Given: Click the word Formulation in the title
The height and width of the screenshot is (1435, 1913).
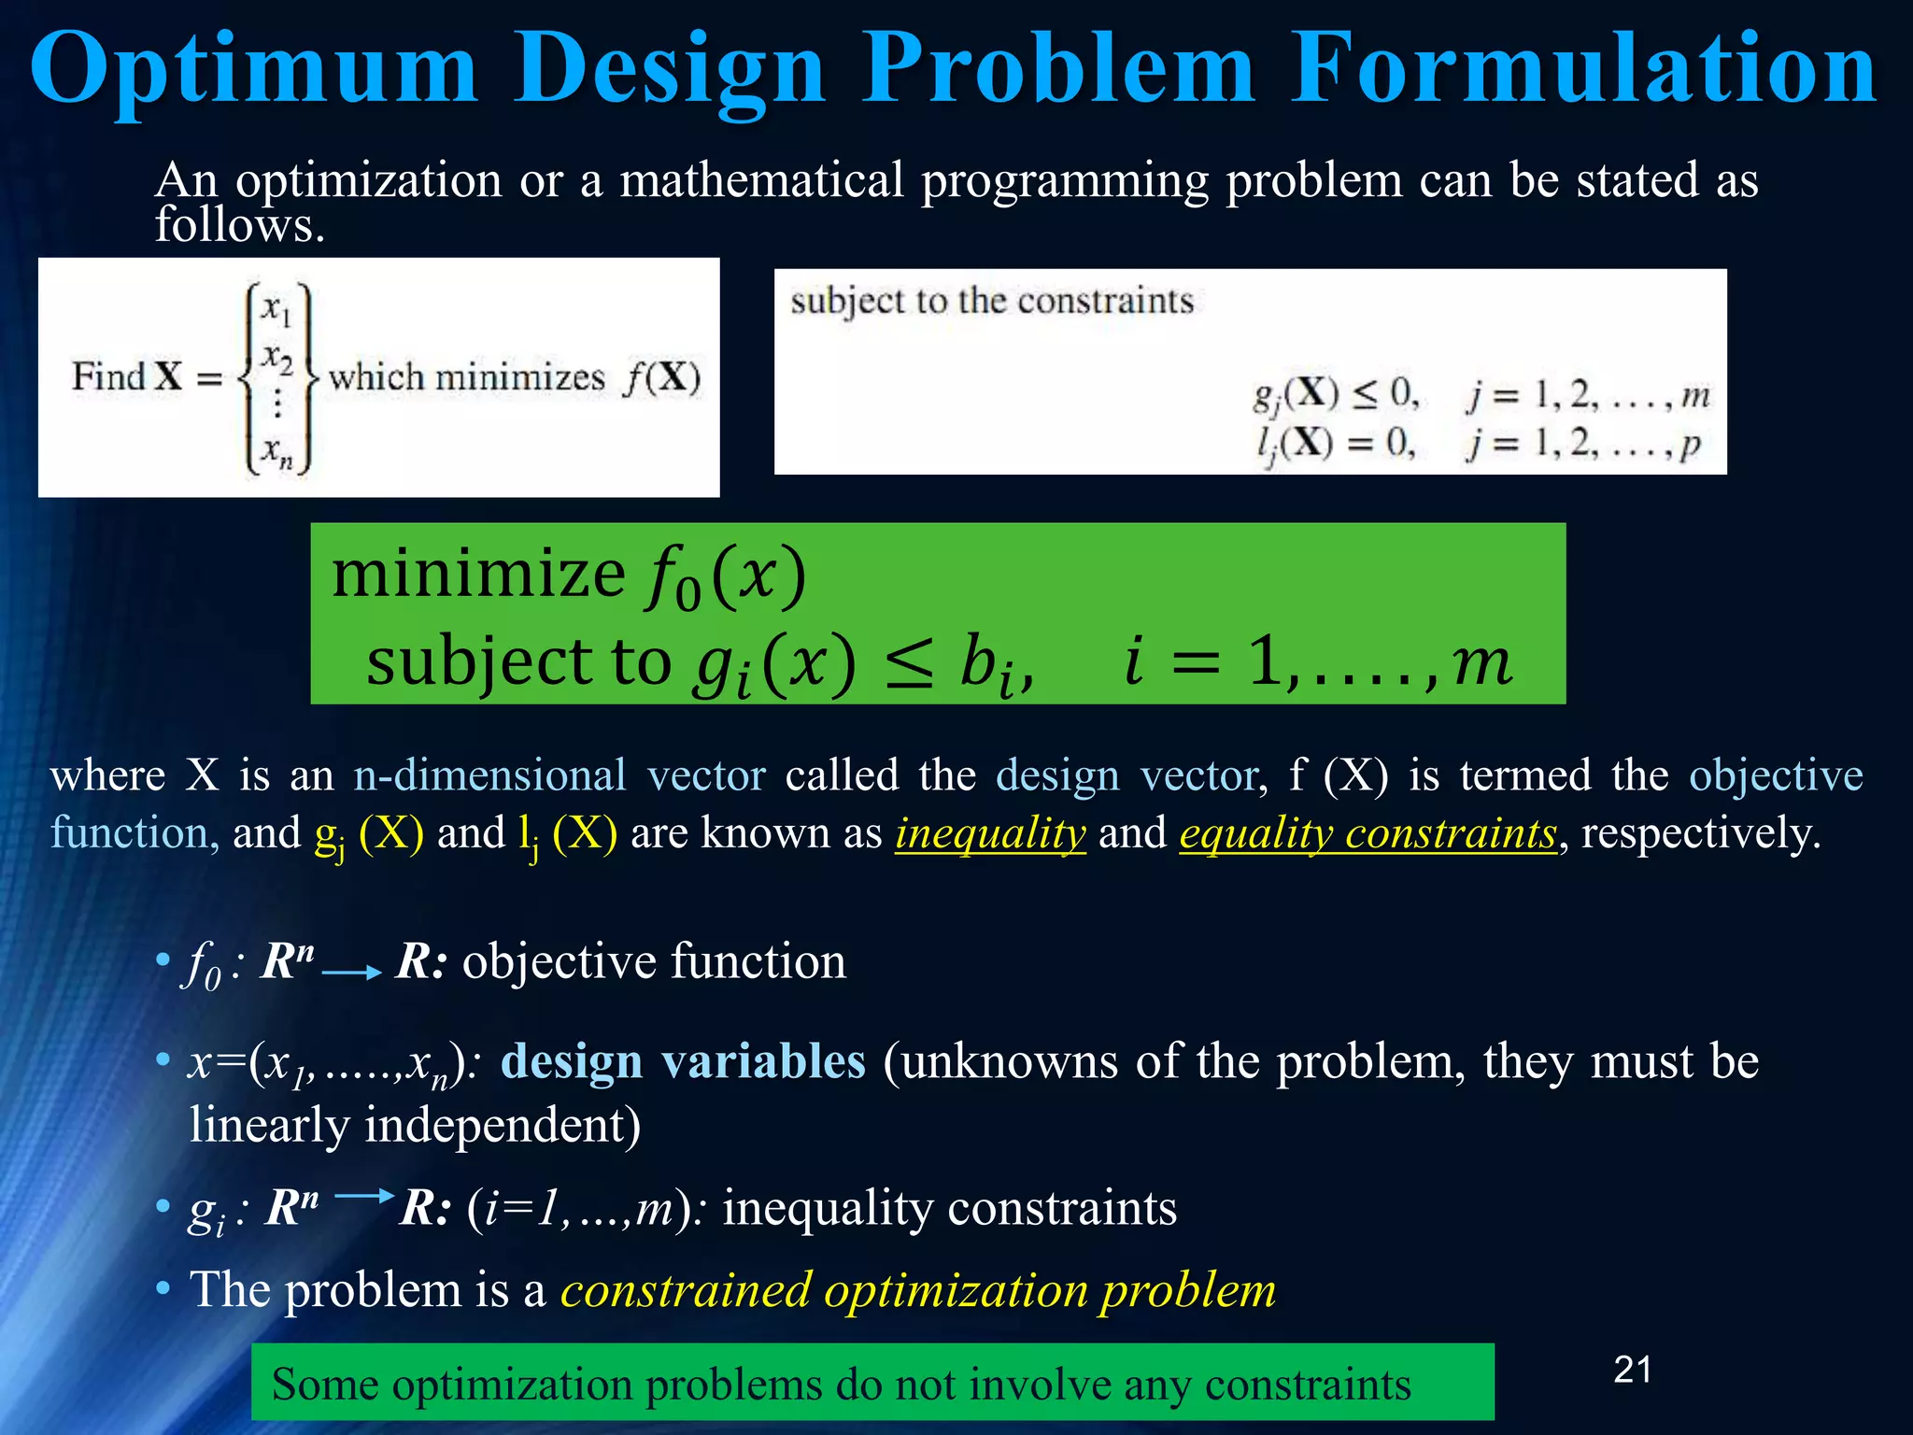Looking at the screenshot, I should (1584, 67).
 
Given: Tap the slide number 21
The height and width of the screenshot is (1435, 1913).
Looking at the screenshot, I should (1632, 1370).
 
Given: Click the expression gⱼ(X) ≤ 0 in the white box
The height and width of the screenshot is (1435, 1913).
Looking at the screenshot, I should (1336, 394).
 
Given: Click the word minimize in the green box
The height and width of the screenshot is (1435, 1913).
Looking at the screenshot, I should (478, 573).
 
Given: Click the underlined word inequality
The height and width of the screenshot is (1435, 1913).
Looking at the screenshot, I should (990, 832).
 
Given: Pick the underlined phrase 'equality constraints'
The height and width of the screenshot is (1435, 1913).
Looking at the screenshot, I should (1367, 832).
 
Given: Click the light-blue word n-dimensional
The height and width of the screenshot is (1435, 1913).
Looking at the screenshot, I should (489, 775).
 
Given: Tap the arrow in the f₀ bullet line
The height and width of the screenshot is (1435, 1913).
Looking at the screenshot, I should (351, 973).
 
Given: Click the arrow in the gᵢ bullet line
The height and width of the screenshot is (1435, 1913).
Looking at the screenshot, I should (364, 1195).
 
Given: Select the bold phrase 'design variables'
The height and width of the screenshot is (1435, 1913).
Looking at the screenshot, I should (683, 1061).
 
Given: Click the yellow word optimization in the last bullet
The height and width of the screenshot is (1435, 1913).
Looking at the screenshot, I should (955, 1290).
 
